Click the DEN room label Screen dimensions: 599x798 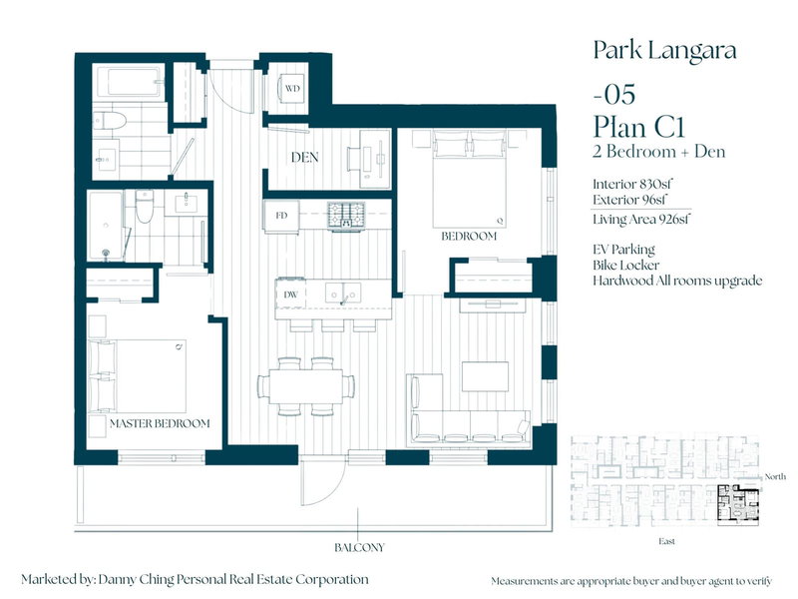[x=304, y=158]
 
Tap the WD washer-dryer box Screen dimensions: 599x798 [x=292, y=88]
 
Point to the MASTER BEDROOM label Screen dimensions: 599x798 [x=160, y=423]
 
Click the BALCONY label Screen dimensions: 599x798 [x=360, y=547]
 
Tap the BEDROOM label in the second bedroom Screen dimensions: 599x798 [x=469, y=237]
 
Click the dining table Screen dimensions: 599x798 [x=307, y=384]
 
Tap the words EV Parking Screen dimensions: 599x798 [x=624, y=249]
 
